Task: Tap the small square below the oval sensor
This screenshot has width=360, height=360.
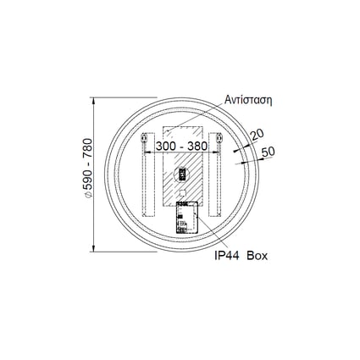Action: (180, 187)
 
